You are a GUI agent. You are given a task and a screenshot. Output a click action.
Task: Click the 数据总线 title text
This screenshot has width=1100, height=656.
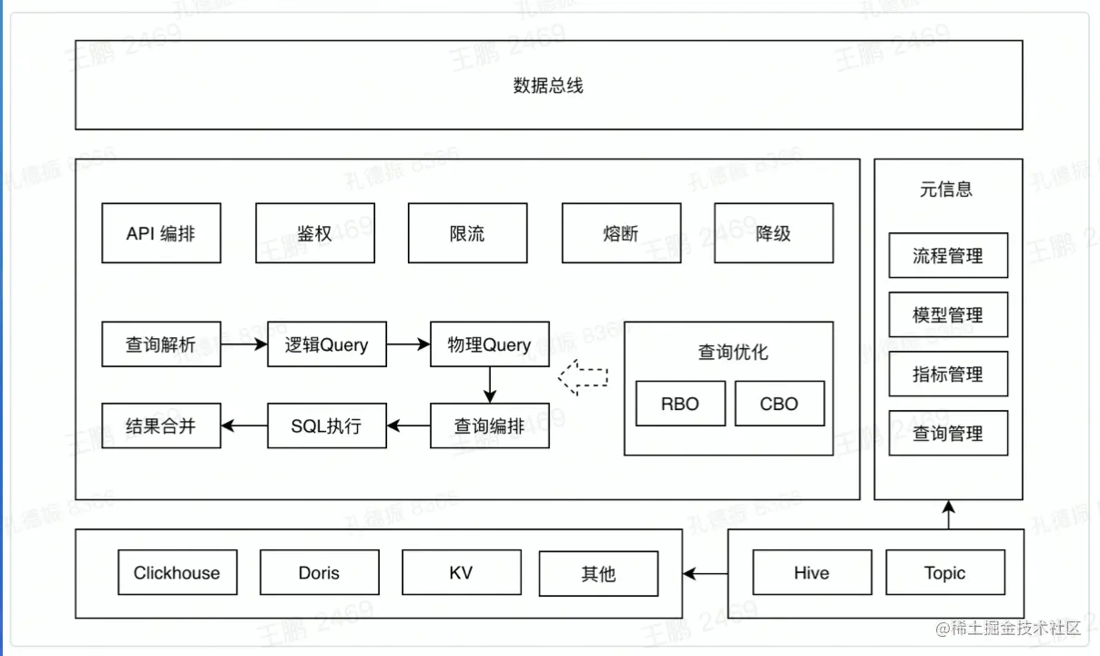(547, 86)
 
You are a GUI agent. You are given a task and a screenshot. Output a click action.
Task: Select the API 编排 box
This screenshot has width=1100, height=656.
(161, 233)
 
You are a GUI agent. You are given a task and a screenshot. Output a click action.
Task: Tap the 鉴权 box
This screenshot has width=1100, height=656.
(314, 233)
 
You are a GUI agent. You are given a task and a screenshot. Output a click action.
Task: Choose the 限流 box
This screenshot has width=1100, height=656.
(467, 233)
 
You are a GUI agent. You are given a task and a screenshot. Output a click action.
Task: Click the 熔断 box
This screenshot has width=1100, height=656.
(620, 233)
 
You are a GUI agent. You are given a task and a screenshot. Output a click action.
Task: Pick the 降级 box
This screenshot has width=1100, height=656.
(773, 233)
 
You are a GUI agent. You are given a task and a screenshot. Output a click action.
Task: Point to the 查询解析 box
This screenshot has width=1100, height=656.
(161, 344)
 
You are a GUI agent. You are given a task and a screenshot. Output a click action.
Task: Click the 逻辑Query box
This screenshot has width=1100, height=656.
(327, 344)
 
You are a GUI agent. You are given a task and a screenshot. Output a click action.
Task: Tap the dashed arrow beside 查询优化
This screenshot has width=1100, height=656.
(583, 377)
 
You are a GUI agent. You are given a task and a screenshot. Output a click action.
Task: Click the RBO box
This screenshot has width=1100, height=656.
(680, 404)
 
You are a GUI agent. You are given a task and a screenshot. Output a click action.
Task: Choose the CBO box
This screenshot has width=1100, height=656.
(779, 404)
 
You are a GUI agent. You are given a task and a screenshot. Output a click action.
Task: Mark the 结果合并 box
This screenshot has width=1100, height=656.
(161, 425)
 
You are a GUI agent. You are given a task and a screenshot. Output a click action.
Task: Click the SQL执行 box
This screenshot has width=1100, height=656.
(327, 425)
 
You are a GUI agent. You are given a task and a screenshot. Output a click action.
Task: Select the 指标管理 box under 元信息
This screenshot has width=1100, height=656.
(948, 374)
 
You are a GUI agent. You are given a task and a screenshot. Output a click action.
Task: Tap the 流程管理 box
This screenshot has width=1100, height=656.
(948, 256)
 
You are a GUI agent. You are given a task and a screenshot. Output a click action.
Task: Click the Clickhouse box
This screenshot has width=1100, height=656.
(177, 573)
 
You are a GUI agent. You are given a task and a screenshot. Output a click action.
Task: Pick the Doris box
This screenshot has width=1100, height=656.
(319, 573)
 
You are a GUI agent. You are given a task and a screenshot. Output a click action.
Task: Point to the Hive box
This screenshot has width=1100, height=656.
(811, 573)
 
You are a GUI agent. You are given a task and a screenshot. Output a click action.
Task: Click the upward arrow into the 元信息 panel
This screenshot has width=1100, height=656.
(948, 515)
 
